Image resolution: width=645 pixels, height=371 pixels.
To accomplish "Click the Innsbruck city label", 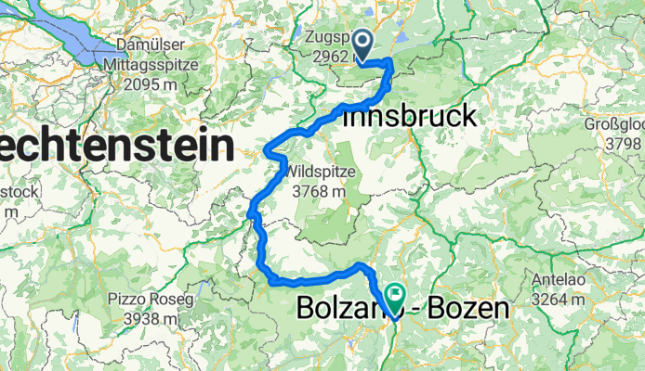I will (x=410, y=117).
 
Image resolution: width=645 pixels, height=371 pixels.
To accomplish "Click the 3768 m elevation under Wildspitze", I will (x=321, y=191).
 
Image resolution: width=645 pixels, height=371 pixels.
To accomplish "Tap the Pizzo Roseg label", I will (x=150, y=299).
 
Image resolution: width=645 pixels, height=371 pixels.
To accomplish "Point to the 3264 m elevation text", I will (x=563, y=300).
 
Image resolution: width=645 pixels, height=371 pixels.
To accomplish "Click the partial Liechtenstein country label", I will (x=115, y=147).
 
